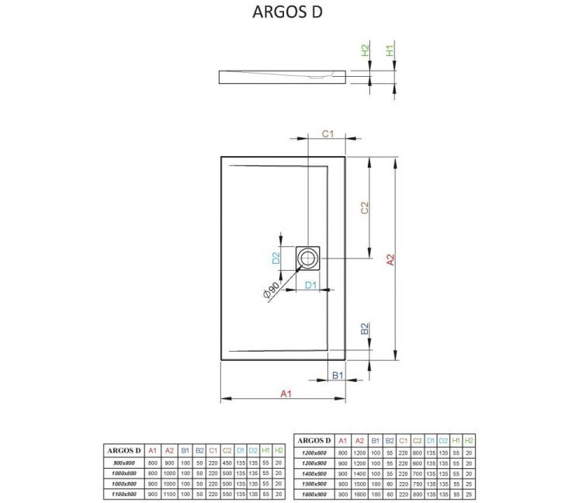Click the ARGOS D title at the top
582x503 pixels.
(x=288, y=12)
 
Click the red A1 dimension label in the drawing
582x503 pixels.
(x=285, y=394)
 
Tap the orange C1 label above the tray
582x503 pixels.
(x=327, y=134)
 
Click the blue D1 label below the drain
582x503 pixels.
(x=310, y=285)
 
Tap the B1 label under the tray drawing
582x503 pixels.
(x=338, y=376)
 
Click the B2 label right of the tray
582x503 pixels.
(x=365, y=330)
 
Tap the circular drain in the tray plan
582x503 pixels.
(x=310, y=257)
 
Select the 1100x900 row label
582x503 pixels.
(x=123, y=493)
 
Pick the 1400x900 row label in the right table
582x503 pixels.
(x=315, y=473)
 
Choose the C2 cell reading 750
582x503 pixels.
(x=417, y=483)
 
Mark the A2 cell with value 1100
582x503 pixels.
(x=168, y=493)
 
